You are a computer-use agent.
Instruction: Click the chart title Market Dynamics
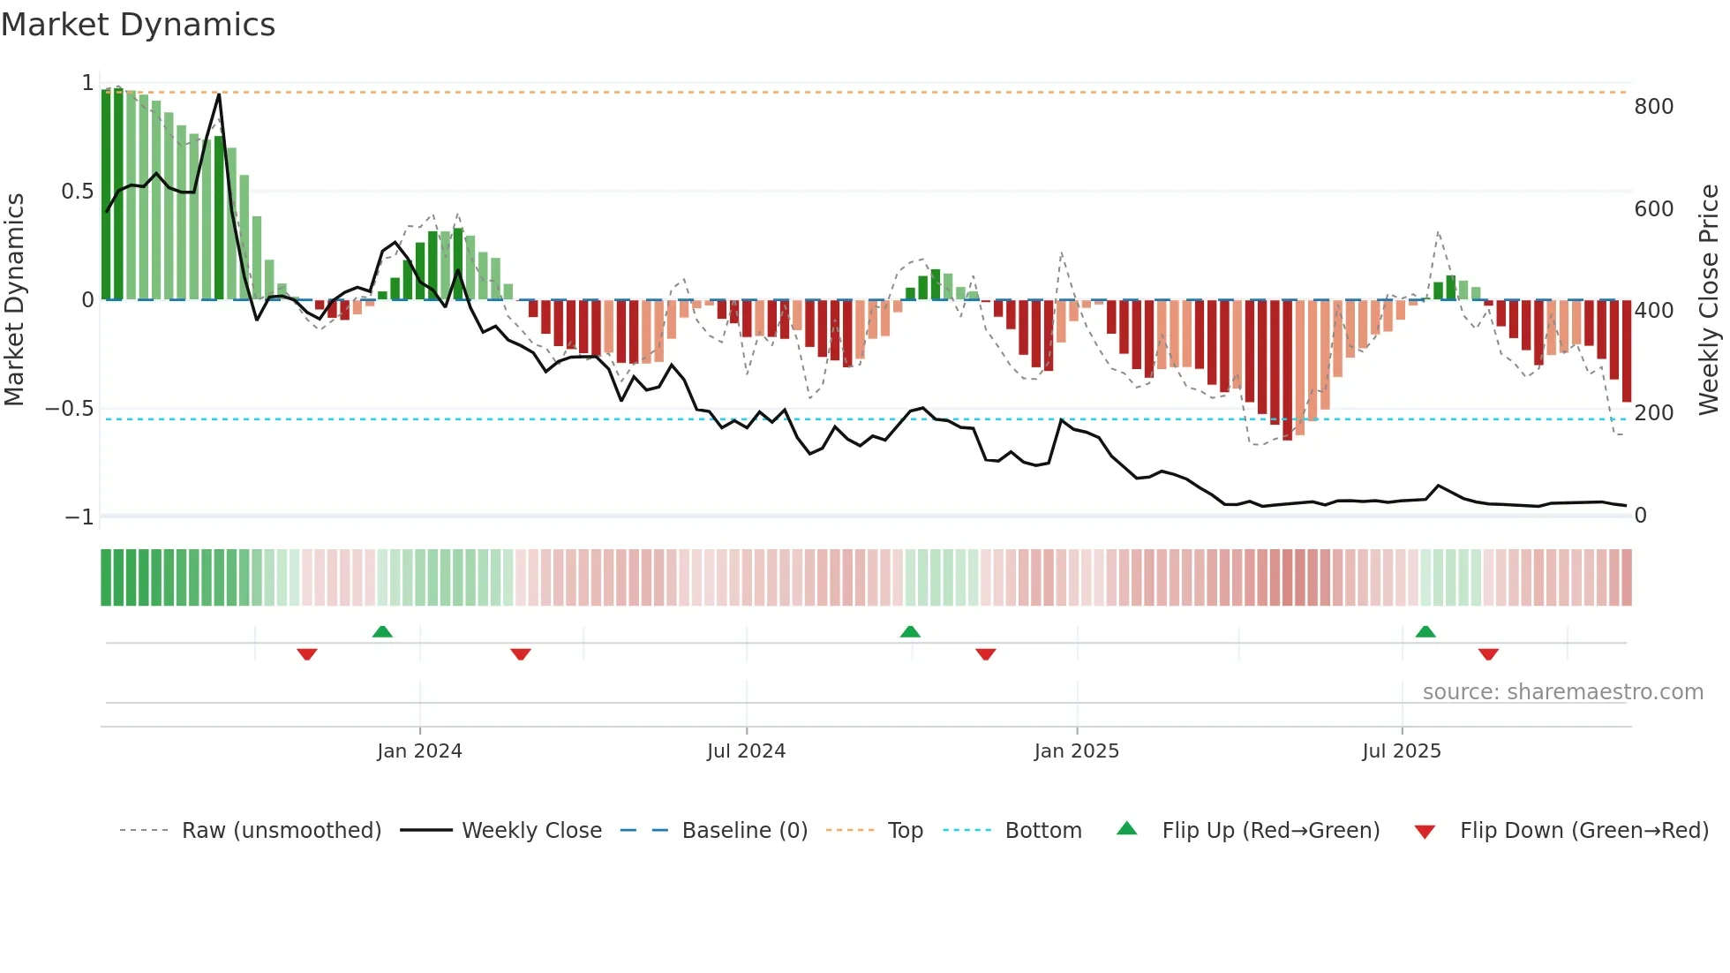[139, 25]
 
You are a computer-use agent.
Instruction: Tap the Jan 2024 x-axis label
[419, 751]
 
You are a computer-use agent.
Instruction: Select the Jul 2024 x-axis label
[746, 751]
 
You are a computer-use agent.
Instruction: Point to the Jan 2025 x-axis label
[1076, 751]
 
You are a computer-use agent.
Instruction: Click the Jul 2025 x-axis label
[1401, 751]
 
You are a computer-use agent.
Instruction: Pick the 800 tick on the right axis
[1653, 107]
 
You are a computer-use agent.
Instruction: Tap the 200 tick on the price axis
[1653, 413]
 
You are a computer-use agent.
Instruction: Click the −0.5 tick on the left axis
[69, 409]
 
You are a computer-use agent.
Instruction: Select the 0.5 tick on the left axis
[77, 192]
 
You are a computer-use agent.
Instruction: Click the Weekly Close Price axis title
[1709, 300]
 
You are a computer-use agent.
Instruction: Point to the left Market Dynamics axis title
[14, 300]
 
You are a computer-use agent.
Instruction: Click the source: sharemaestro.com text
[1562, 692]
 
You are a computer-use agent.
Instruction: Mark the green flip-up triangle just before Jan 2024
[382, 632]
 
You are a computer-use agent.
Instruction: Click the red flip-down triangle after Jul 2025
[1488, 654]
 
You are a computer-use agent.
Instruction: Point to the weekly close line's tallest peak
[219, 94]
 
